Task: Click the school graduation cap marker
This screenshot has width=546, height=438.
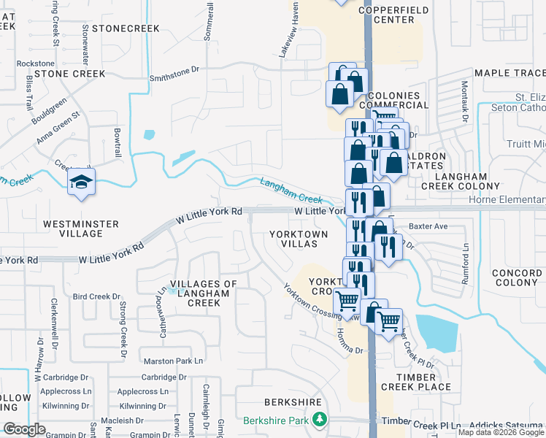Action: click(x=81, y=183)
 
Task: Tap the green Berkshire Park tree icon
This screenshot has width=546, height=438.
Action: click(x=319, y=419)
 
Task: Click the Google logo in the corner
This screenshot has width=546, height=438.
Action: click(x=25, y=429)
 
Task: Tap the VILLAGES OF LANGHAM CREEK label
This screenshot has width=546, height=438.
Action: click(x=204, y=293)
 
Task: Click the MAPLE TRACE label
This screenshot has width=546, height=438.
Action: click(x=510, y=73)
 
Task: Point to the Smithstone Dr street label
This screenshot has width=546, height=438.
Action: click(x=174, y=71)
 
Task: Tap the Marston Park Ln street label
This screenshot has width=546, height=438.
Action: click(x=172, y=361)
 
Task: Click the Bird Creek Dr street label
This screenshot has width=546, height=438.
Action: click(x=96, y=296)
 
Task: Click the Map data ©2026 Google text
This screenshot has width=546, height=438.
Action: click(x=501, y=432)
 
